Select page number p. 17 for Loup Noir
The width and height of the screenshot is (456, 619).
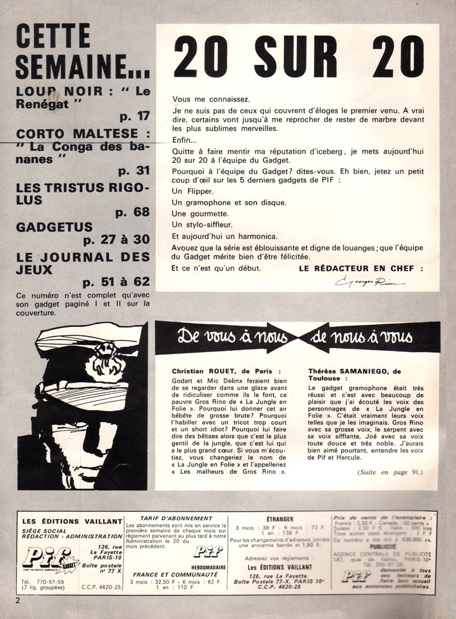[134, 116]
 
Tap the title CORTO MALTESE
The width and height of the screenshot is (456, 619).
[77, 133]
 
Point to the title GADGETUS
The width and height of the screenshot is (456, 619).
[54, 227]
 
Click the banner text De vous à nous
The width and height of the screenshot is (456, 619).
[232, 338]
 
